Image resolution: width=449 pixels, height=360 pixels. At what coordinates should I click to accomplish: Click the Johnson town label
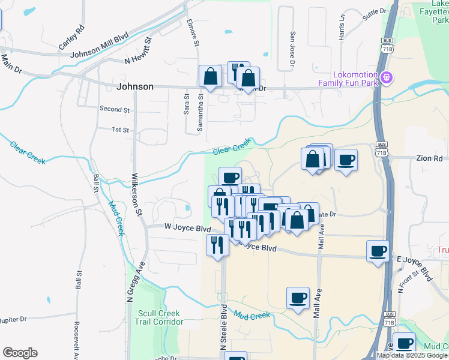(135, 86)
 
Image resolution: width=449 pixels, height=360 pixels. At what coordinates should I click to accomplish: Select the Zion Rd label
(429, 158)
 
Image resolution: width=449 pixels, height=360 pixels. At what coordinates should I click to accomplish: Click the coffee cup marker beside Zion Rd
(346, 161)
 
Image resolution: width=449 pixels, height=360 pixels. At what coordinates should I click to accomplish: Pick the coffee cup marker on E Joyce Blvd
(378, 251)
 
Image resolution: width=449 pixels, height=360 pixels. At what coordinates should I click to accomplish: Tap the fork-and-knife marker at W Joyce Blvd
(217, 245)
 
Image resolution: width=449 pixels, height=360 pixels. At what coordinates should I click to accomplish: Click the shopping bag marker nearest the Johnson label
(210, 76)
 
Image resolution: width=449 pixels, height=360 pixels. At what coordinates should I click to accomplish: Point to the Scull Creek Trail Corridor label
(160, 317)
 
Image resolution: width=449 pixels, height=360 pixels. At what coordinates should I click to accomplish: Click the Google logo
(20, 353)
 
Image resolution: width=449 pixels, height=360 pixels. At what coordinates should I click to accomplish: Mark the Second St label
(115, 110)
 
